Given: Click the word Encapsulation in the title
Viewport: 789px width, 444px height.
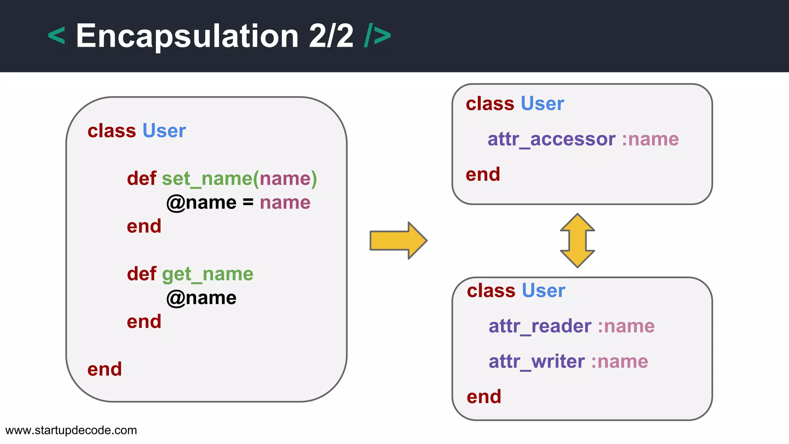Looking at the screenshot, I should (x=187, y=36).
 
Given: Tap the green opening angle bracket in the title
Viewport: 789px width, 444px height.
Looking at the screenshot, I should (x=56, y=36).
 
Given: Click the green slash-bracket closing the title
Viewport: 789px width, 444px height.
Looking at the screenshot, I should (x=377, y=36).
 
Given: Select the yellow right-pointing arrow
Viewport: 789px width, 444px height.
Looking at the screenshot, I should (x=398, y=240).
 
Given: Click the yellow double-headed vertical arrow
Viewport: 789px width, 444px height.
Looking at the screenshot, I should (x=577, y=240).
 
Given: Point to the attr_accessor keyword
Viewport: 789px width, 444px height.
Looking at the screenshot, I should (x=551, y=139).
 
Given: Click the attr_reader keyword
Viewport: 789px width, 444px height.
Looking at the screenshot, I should (x=540, y=326).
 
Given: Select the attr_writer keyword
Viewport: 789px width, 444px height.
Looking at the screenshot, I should (x=537, y=362).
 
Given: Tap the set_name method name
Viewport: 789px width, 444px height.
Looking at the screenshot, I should (x=206, y=179).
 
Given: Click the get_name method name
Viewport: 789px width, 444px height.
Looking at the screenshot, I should (x=207, y=274).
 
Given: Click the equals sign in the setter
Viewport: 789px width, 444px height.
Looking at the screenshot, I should (x=248, y=202).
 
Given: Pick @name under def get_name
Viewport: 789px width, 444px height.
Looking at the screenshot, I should (x=201, y=298).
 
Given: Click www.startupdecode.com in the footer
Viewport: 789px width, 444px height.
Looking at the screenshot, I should (x=71, y=430).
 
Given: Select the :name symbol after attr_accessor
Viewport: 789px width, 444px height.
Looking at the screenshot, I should (x=650, y=139).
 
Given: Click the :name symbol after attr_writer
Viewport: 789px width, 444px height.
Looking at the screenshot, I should (x=619, y=362).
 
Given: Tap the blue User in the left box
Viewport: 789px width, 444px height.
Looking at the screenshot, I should (x=164, y=131).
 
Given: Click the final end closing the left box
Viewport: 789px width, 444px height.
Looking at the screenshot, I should (x=104, y=369).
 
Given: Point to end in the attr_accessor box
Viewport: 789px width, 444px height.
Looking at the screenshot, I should (x=483, y=175).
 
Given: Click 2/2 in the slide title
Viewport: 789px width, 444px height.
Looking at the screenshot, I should (x=331, y=36).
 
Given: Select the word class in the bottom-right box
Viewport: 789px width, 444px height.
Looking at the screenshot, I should (x=491, y=291).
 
